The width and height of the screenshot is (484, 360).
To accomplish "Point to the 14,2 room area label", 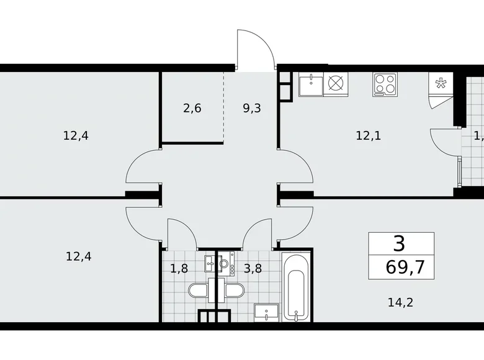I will coord(400,303).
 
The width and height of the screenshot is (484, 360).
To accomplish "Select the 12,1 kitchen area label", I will coord(368,135).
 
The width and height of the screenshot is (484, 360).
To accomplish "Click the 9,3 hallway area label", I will coord(251,109).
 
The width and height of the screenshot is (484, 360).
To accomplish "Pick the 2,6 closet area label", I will coord(192,109).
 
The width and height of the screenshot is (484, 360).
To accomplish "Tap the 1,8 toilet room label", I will coord(179,269).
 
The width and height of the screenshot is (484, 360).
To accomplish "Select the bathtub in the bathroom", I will coord(295,286).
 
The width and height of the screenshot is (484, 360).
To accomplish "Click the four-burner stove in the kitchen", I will coord(385,84).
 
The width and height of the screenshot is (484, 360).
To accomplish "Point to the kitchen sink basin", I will coord(309,83).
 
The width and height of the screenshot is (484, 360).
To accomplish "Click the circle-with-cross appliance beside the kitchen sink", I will coord(336,83).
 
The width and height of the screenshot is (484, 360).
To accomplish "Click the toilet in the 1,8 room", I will coord(199,290).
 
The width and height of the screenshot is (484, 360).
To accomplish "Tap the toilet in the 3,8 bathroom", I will coord(234,290).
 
